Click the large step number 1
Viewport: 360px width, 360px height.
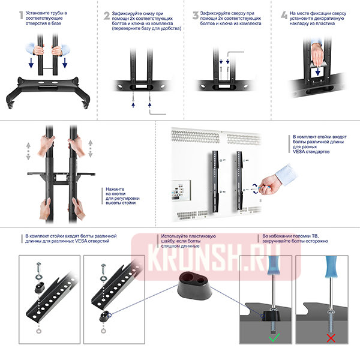click(x=21, y=15)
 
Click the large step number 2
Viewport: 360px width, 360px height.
click(x=107, y=16)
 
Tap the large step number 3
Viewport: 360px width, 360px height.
click(x=196, y=16)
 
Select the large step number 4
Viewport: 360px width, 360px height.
click(x=284, y=16)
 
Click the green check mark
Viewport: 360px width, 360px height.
click(x=274, y=337)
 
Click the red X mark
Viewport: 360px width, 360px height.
click(x=331, y=338)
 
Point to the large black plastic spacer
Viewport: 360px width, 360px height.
click(x=195, y=286)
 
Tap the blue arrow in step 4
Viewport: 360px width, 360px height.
click(x=318, y=71)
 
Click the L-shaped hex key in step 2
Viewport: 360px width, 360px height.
click(x=157, y=112)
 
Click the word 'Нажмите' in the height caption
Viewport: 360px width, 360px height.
click(x=115, y=189)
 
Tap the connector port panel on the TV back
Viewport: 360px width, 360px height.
click(x=181, y=190)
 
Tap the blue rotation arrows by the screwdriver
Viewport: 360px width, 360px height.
click(x=255, y=188)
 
